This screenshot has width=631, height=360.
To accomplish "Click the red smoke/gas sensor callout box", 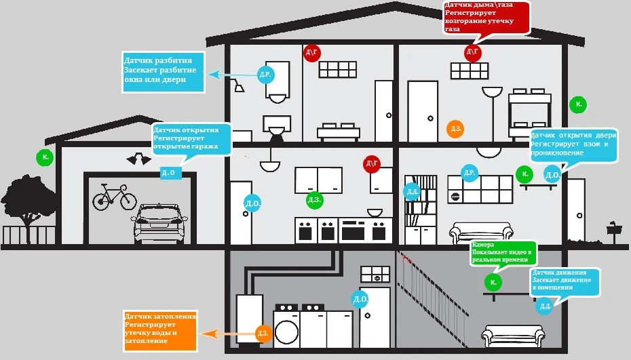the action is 487,18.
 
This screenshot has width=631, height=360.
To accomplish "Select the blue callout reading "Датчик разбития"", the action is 164,72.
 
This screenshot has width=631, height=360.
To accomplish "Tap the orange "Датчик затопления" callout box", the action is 160,331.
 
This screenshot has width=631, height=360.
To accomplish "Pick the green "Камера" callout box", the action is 503,253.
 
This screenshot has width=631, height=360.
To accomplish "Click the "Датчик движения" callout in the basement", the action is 565,281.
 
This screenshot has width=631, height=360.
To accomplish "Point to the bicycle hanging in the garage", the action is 115,197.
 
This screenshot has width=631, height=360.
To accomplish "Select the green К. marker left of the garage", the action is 45,157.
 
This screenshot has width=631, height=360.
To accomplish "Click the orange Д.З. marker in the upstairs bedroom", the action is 455,129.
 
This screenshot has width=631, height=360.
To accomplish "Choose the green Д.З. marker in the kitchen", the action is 314,200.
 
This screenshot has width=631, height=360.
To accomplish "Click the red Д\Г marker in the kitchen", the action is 371,163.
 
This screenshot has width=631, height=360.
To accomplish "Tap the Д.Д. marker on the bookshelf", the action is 412,191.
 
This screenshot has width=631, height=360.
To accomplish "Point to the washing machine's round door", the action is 286,332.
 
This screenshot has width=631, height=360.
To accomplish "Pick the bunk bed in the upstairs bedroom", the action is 529,114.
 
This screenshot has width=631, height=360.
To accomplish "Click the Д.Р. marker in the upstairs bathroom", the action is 265,75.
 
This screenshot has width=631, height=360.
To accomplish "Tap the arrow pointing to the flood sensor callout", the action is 229,334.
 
